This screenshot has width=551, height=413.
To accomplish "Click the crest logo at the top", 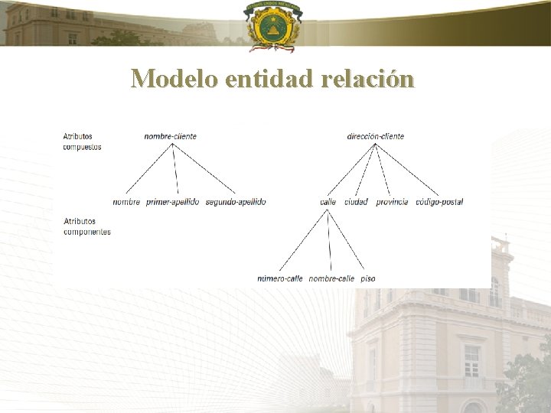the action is point(272,25).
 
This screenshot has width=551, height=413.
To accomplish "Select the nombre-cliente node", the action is point(170,136).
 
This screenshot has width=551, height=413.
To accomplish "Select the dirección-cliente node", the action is point(375,136).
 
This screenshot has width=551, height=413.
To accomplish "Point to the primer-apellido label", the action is point(172,202).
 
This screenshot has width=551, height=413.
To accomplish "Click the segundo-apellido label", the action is point(236,202).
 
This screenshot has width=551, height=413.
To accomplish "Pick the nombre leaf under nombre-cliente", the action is point(126,202).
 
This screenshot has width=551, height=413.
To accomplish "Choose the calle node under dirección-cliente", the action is point(328,202).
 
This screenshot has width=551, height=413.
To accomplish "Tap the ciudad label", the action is point(356,202).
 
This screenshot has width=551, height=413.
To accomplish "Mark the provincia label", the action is point(392,202).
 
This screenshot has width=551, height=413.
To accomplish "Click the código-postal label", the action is point(439,202).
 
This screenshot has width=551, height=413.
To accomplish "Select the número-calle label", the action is point(280,278).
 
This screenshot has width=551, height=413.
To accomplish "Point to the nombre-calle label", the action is point(331,278).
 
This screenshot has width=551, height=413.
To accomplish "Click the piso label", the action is point(367,278).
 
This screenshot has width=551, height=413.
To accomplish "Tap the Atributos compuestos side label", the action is point(82,141).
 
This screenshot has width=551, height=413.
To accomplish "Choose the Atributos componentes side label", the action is point(86,226).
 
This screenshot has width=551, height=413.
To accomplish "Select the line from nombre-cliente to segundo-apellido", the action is point(204,168).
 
